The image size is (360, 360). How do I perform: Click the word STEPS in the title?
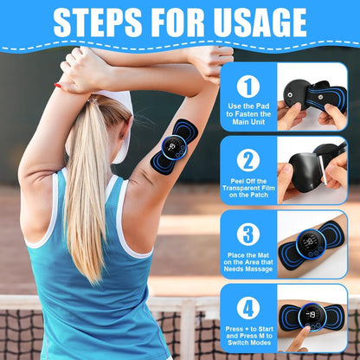[98, 22]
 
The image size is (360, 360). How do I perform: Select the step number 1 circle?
[248, 87]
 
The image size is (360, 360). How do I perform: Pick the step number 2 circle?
[248, 160]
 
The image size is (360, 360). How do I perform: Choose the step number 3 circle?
[248, 235]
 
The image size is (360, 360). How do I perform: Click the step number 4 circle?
[248, 308]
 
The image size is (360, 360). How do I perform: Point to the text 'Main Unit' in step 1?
[248, 122]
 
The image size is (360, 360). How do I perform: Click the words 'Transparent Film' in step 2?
[248, 188]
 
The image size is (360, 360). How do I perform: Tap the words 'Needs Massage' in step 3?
[248, 269]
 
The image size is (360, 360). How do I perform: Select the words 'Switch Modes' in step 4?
[249, 343]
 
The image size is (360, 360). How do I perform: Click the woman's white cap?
[115, 121]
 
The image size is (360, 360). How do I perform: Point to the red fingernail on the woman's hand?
[58, 86]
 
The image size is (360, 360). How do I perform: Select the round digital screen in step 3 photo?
[311, 244]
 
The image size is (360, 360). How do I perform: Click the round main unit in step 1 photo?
[297, 93]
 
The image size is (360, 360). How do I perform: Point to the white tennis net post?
[188, 329]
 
